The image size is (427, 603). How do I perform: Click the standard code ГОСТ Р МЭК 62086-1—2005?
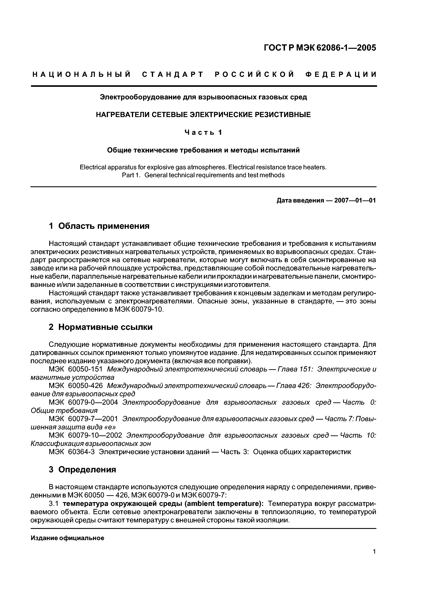point(320,48)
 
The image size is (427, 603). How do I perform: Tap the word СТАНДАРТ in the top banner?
point(173,75)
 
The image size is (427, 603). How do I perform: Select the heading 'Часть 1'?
point(203,133)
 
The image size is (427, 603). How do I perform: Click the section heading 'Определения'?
point(87,470)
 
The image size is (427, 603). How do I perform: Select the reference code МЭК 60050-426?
point(76,386)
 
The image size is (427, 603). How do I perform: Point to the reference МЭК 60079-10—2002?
point(86,435)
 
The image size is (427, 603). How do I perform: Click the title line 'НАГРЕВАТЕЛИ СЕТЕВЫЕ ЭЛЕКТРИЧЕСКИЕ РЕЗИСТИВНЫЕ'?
point(203,114)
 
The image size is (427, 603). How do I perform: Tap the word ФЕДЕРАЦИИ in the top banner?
point(341,75)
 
